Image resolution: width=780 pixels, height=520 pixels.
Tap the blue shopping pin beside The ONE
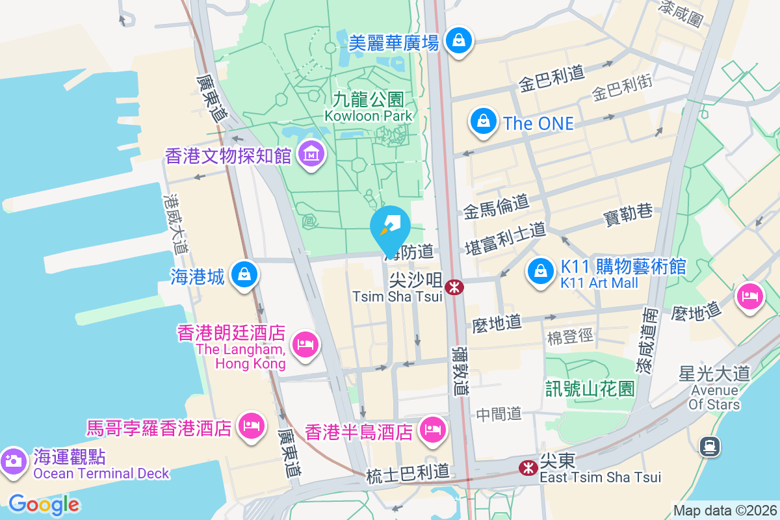[x=484, y=122]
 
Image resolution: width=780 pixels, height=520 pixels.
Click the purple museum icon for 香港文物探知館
[x=312, y=154]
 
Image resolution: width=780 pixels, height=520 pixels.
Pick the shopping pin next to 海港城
[x=244, y=275]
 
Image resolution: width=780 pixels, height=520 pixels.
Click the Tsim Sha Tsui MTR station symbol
[x=454, y=286]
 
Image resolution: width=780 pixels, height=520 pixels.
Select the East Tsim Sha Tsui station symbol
[x=527, y=467]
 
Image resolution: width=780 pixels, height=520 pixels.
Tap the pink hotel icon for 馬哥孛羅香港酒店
[x=250, y=426]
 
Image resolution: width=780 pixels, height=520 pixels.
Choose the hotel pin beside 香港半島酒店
[x=431, y=429]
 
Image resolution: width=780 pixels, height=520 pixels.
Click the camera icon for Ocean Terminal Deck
[x=13, y=461]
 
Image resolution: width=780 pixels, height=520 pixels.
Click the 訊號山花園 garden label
[x=590, y=389]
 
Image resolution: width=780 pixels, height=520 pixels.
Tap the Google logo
[x=44, y=504]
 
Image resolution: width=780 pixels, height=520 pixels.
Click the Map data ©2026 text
[x=725, y=510]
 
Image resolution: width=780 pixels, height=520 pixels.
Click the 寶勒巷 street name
[x=628, y=213]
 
